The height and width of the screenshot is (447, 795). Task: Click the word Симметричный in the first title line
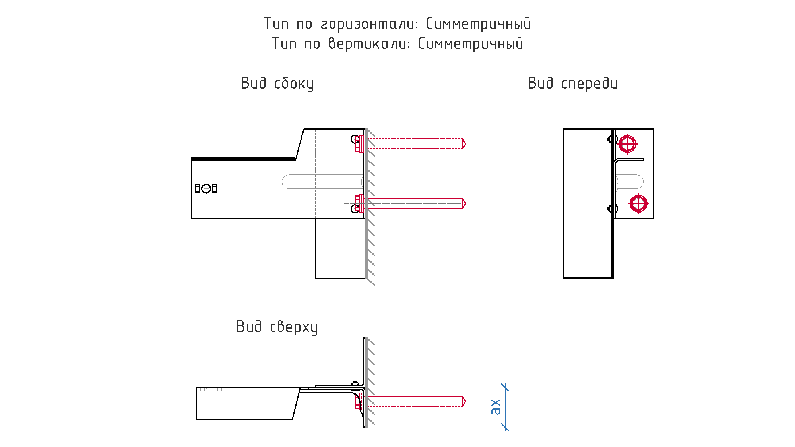pos(478,24)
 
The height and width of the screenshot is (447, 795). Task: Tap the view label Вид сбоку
pos(277,84)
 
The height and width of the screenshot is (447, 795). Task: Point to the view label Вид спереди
pos(572,83)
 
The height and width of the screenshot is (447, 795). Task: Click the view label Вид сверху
pos(277,327)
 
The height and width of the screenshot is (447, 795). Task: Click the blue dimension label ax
pos(495,407)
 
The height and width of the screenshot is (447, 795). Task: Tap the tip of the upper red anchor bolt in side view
pos(465,144)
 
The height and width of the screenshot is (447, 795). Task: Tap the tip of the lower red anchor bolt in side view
pos(465,203)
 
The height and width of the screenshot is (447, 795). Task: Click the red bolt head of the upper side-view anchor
pos(359,144)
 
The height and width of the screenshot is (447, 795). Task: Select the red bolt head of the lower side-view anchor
pos(359,203)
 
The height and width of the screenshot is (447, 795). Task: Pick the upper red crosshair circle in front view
pos(628,144)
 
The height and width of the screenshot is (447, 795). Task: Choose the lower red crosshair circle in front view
pos(638,204)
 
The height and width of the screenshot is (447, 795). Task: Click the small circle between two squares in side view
pos(206,188)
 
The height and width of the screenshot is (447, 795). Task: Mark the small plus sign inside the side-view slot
pos(289,182)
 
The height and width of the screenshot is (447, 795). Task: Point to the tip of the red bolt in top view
pos(465,401)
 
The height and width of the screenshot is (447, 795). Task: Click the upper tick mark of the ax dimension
pos(505,387)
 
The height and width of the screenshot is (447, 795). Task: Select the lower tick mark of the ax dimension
pos(505,427)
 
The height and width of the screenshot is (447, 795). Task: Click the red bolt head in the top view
pos(358,401)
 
